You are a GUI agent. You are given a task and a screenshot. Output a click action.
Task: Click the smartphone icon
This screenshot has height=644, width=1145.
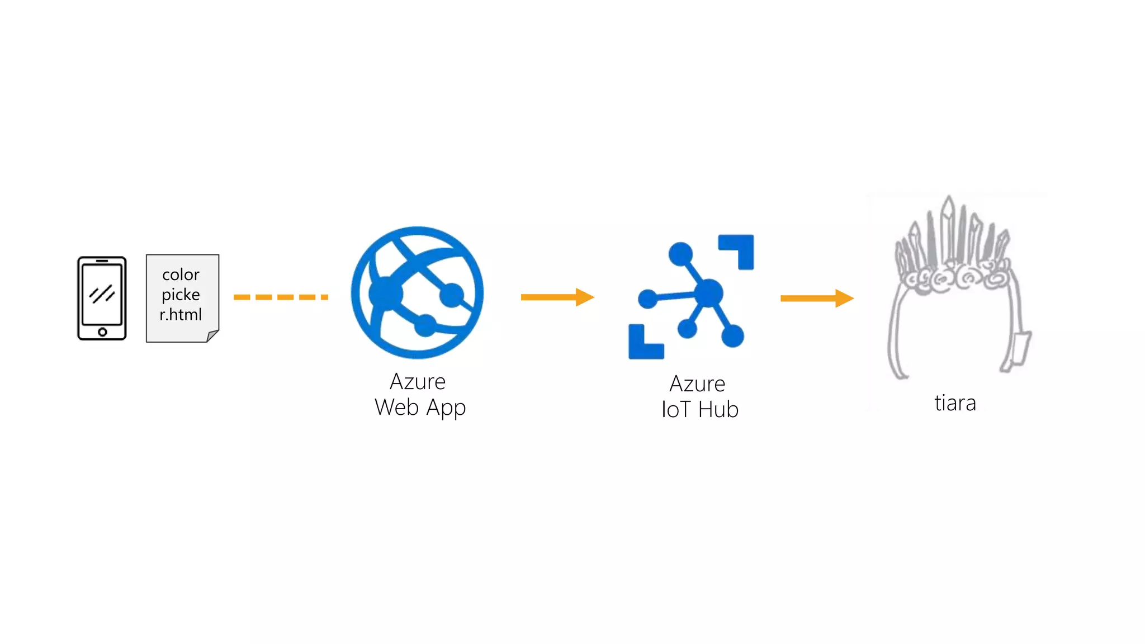(102, 298)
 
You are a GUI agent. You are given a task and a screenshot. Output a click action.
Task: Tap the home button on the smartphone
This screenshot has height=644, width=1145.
(102, 332)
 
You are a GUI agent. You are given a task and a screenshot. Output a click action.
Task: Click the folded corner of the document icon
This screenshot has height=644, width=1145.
(212, 336)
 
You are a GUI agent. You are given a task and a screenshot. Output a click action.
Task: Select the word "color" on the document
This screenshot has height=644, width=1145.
(181, 274)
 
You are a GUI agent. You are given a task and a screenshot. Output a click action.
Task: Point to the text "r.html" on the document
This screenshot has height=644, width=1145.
(181, 315)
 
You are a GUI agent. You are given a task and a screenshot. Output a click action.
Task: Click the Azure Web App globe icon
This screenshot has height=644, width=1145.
(417, 292)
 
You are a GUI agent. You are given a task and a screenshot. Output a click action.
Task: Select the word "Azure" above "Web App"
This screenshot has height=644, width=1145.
(418, 382)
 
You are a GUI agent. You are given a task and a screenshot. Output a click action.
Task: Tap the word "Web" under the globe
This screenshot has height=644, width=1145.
(397, 408)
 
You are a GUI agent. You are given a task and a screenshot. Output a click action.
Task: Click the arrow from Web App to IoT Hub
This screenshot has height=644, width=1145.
(557, 297)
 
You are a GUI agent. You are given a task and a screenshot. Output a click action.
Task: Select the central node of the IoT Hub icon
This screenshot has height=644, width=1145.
(709, 292)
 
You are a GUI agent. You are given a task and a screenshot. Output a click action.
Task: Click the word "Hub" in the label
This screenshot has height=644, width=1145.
(718, 410)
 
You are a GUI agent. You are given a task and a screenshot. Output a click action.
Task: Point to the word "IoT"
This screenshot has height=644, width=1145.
(676, 410)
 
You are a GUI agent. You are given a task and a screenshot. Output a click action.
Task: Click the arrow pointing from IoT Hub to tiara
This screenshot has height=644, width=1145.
(817, 298)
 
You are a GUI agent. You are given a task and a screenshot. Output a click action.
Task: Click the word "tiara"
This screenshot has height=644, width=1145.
(955, 403)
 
